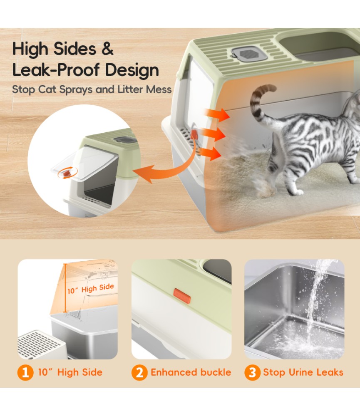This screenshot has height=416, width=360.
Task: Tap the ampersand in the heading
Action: click(x=107, y=49)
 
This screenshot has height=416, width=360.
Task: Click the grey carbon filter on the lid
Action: click(x=245, y=53)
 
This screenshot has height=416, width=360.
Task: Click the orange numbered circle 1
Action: click(x=25, y=372)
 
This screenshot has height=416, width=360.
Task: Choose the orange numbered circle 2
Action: click(x=139, y=372)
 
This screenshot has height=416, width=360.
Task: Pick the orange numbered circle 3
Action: click(x=252, y=372)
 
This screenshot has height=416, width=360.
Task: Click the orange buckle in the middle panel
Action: click(x=182, y=296)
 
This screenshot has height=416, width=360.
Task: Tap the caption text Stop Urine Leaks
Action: click(x=303, y=372)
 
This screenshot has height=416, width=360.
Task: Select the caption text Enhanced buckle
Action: click(x=191, y=372)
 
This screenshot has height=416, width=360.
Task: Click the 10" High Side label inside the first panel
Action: click(x=91, y=289)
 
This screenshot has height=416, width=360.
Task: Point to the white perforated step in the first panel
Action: click(x=41, y=344)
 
